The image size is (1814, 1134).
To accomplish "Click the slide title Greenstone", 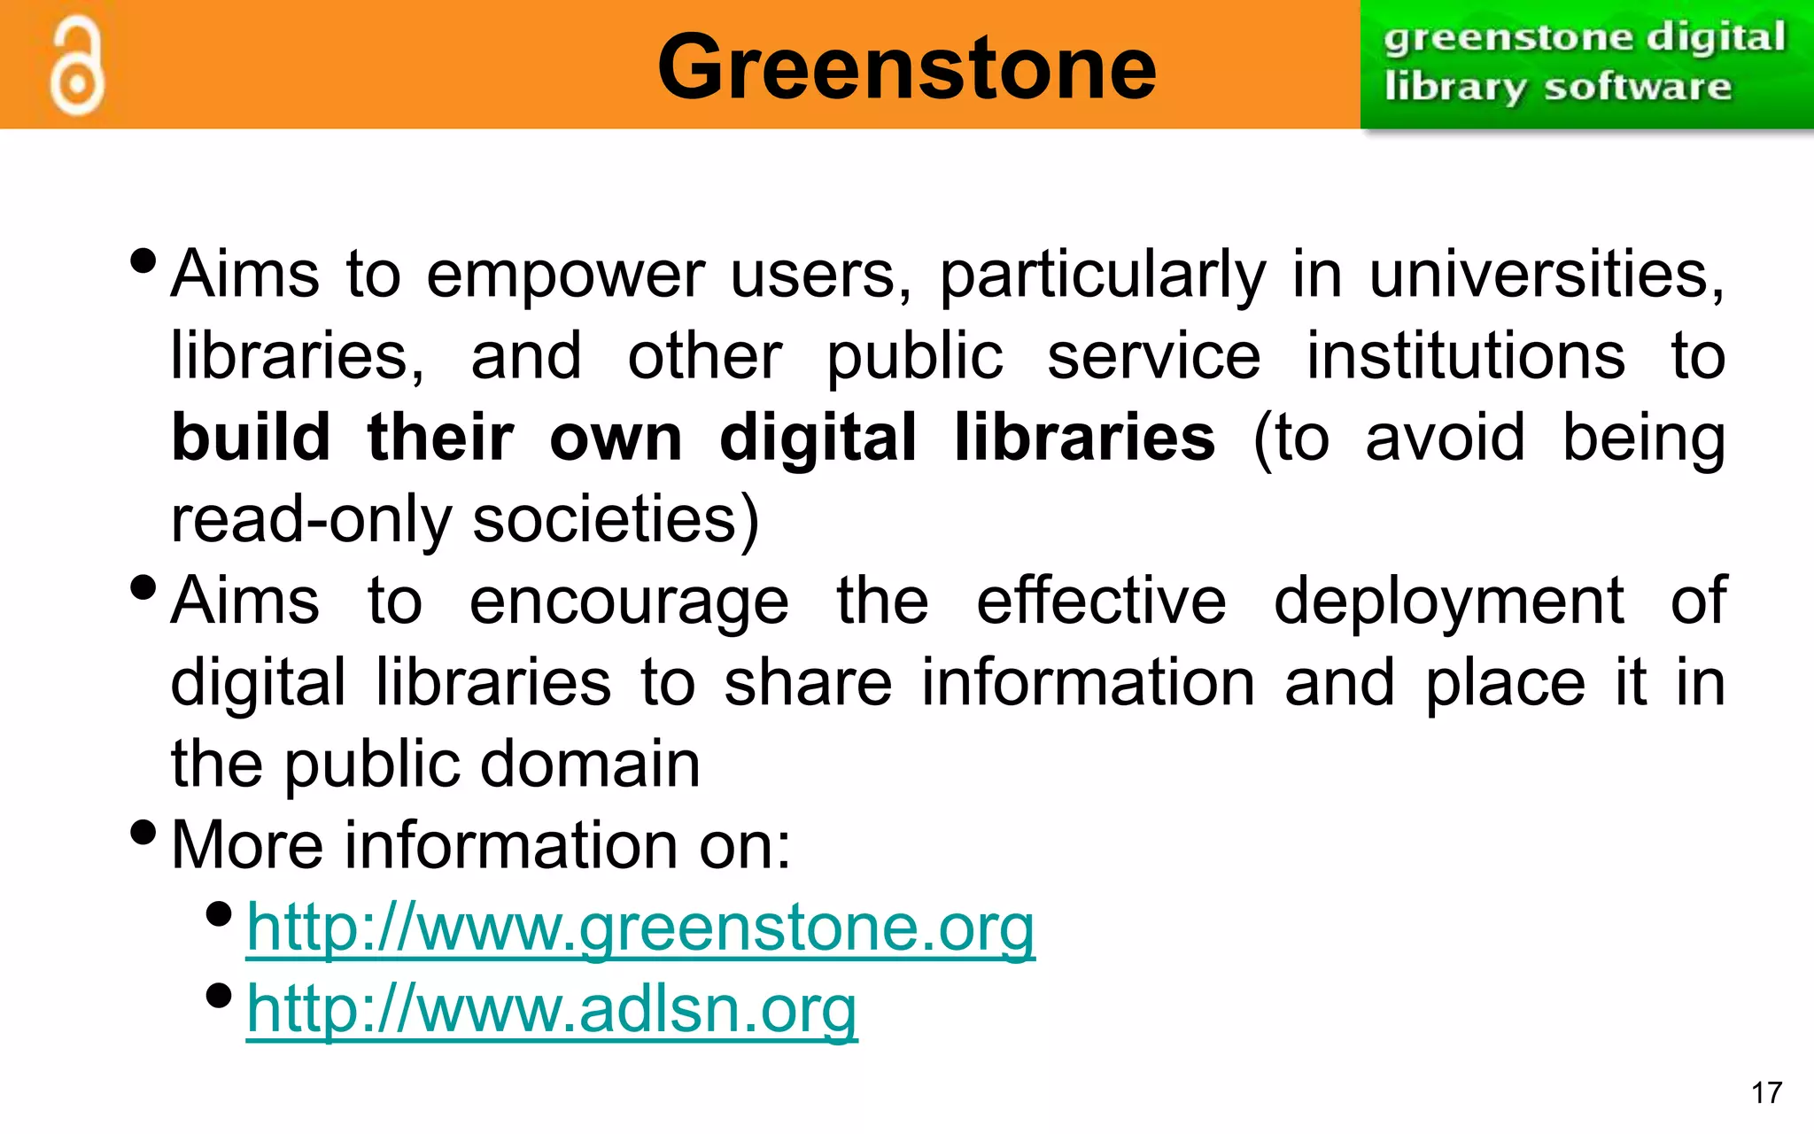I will point(906,66).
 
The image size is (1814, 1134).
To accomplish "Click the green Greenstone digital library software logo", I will point(1585,64).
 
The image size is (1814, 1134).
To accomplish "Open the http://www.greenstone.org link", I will point(640,928).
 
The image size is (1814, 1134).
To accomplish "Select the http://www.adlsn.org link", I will point(551,1009).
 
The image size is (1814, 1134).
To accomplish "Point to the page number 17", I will point(1766,1092).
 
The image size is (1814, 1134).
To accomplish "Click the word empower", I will point(565,275).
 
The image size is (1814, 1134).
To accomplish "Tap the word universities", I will point(1546,275).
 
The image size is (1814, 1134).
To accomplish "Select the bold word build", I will point(251,438).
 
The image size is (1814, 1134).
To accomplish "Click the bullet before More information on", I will point(143,832).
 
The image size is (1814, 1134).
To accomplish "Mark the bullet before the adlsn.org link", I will point(218,995).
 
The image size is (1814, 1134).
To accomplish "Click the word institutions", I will point(1466,356).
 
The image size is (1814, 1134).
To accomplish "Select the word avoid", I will point(1445,438).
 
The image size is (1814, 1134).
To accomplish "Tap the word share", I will point(808,683).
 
